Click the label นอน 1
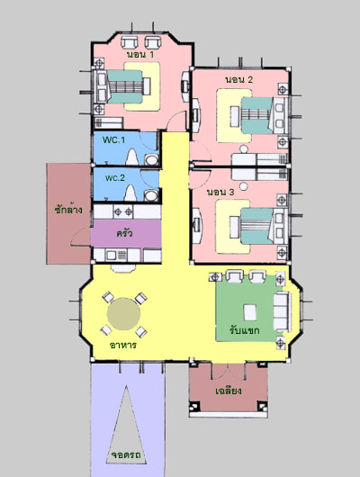(x=140, y=55)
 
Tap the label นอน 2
(x=238, y=80)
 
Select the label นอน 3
(x=220, y=193)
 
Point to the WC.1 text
(x=113, y=139)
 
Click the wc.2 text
(x=115, y=177)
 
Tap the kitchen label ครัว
(x=125, y=233)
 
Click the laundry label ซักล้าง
(x=68, y=210)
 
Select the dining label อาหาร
(x=123, y=346)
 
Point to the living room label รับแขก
(x=245, y=330)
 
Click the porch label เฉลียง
(x=229, y=391)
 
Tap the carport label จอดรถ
(x=126, y=455)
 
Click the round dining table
(x=124, y=314)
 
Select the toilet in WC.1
(x=131, y=157)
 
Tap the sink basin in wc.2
(x=151, y=195)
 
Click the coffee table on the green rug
(x=250, y=312)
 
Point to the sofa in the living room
(x=282, y=311)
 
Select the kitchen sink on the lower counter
(x=111, y=255)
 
